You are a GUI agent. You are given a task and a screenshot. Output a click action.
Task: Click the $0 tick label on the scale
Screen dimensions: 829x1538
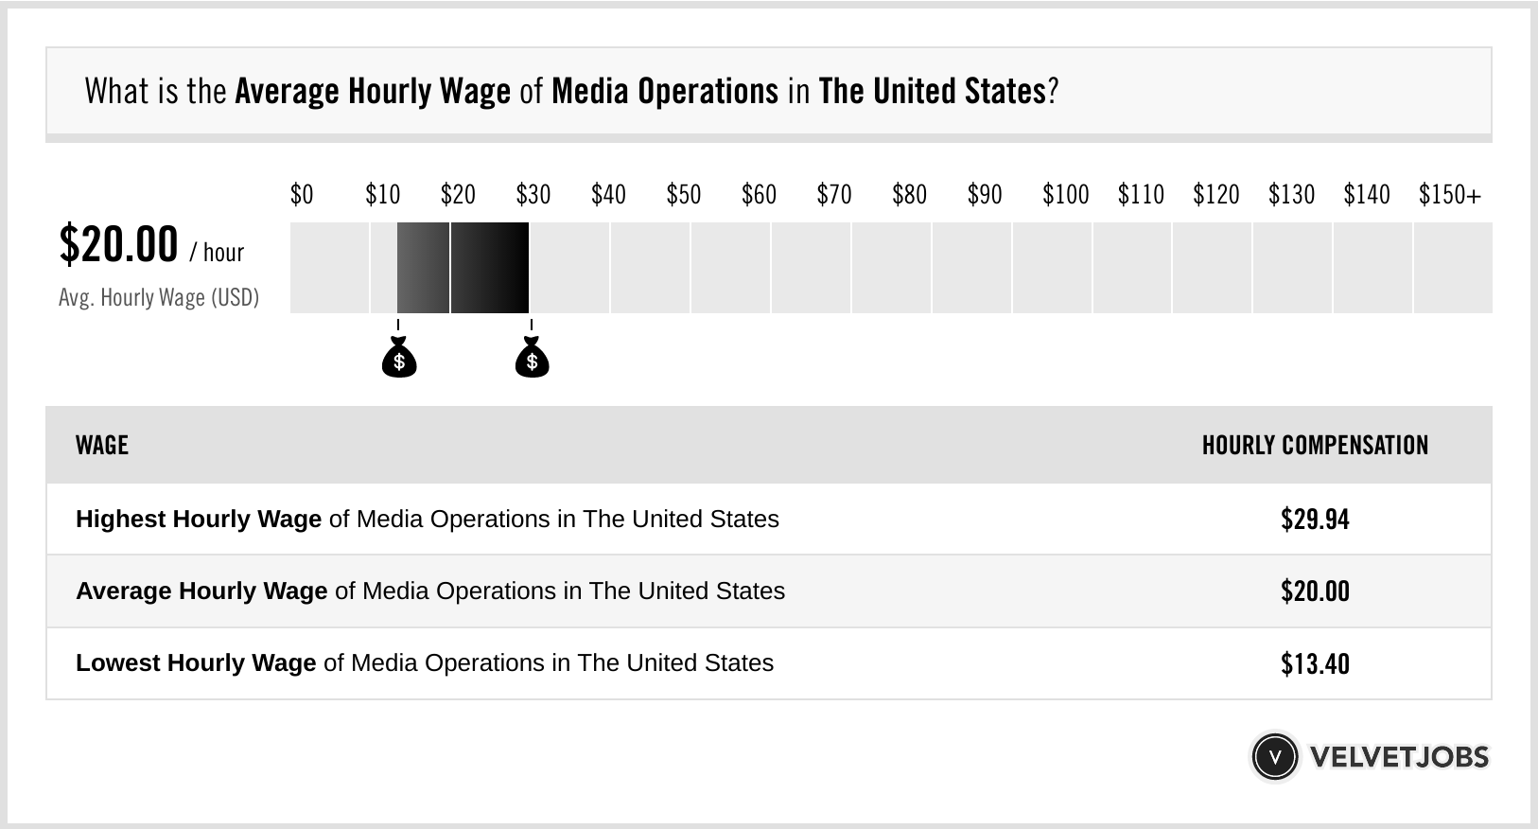point(301,195)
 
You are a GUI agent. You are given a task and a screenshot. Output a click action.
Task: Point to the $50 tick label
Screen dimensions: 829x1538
point(683,195)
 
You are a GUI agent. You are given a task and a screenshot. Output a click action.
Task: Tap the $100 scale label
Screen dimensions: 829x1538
point(1065,195)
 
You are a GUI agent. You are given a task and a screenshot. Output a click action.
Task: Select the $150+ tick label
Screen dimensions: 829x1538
point(1449,195)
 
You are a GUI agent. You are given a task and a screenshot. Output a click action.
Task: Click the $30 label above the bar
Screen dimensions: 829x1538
point(533,195)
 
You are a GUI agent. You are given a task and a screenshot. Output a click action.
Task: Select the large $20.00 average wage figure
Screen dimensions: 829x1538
point(118,245)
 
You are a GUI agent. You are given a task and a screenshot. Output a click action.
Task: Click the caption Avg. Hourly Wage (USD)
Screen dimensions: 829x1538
point(159,298)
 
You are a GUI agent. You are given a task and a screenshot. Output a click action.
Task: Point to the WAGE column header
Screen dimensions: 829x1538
point(102,446)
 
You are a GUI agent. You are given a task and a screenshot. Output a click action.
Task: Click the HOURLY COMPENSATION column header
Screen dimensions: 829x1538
point(1315,446)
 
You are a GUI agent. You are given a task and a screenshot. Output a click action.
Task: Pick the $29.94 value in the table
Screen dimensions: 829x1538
point(1315,520)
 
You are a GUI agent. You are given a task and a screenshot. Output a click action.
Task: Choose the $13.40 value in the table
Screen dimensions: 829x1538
point(1315,663)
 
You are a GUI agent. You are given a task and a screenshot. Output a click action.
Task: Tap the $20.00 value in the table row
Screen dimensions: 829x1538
point(1315,591)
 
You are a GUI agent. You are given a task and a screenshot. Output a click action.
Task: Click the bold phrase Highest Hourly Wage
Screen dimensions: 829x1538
point(199,520)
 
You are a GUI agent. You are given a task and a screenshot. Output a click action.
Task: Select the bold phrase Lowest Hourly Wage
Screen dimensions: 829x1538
point(196,663)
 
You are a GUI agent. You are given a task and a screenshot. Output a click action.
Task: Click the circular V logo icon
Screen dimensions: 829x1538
point(1274,757)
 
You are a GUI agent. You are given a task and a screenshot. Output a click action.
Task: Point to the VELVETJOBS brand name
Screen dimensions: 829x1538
point(1399,757)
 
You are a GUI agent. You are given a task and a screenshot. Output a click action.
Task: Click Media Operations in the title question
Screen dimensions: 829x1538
point(665,92)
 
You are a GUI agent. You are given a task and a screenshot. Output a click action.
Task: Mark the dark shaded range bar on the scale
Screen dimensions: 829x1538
point(463,268)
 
